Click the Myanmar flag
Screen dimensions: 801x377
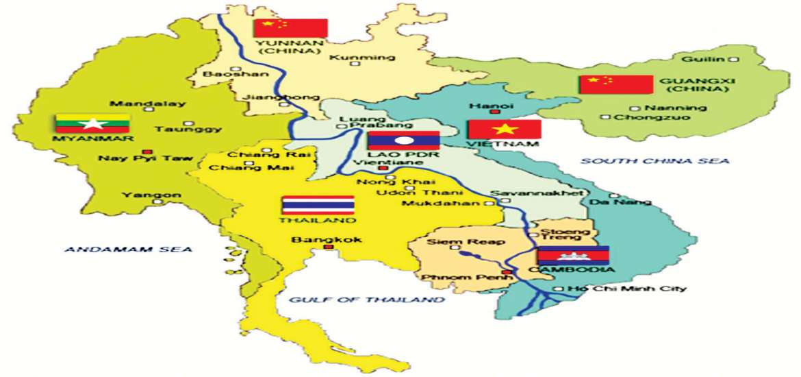pos(92,123)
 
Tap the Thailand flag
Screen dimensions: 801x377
pos(318,206)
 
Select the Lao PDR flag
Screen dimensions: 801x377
pos(403,141)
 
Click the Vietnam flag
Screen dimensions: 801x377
pos(505,129)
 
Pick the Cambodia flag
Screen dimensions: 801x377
pos(572,255)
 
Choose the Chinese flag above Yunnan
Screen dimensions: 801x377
pos(290,28)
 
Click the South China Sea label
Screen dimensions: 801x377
pos(655,161)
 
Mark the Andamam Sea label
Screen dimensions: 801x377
pos(128,250)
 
